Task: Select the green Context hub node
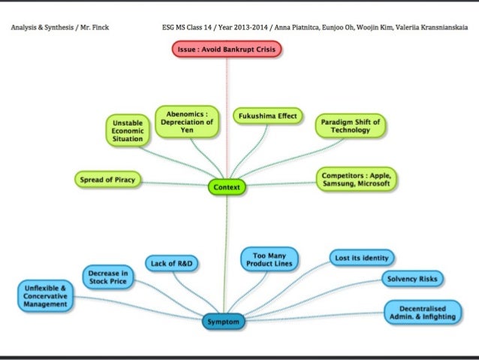pyautogui.click(x=227, y=186)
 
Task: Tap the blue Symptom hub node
pyautogui.click(x=224, y=322)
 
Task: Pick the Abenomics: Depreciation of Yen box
pyautogui.click(x=187, y=121)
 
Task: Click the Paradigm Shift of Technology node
pyautogui.click(x=350, y=126)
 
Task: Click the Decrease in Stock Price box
pyautogui.click(x=110, y=277)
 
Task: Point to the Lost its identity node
pyautogui.click(x=363, y=259)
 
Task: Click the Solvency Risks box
pyautogui.click(x=412, y=279)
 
